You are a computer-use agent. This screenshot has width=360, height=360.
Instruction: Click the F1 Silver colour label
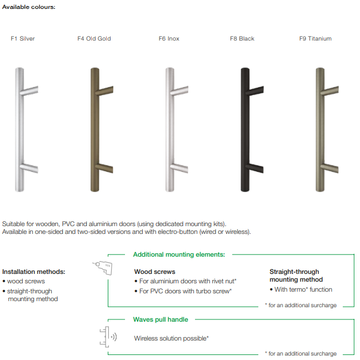(23, 38)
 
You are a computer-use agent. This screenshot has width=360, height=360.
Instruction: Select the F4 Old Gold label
(94, 38)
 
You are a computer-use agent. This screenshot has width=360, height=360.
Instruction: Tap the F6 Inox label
(169, 38)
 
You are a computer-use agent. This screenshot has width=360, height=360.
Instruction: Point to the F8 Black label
(242, 38)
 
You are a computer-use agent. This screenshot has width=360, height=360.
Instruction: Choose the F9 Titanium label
(316, 38)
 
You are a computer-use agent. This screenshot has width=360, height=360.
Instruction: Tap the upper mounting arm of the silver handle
(29, 91)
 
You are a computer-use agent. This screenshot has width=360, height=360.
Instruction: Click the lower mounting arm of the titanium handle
(329, 168)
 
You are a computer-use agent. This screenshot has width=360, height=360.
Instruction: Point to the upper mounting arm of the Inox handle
(179, 91)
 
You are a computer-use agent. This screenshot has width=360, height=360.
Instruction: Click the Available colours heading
(29, 7)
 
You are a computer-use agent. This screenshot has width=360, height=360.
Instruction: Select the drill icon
(102, 268)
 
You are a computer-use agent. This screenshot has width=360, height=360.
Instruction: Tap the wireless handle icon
(108, 337)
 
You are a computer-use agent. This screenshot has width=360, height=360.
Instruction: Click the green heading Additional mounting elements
(179, 254)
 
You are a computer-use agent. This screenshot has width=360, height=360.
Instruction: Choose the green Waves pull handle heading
(161, 319)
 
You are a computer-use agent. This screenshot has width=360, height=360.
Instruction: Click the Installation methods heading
(34, 272)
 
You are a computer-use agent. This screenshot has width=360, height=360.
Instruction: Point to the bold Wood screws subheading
(155, 272)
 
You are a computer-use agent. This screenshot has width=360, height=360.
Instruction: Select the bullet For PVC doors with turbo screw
(183, 291)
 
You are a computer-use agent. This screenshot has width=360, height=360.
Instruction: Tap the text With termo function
(301, 289)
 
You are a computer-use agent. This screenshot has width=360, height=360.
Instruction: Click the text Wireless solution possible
(171, 338)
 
